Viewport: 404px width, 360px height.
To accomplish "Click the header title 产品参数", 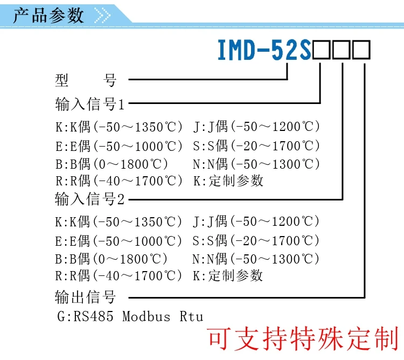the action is coord(48,15).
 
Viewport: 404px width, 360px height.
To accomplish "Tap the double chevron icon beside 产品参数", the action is coord(102,15).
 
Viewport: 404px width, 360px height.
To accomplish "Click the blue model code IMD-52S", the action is coord(264,50).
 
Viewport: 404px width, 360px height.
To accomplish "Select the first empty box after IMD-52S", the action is coord(321,51).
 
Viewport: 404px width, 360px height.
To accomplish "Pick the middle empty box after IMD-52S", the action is coord(342,51).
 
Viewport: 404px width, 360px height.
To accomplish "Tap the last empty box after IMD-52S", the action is coord(363,51).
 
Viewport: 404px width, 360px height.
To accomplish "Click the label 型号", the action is coord(86,81).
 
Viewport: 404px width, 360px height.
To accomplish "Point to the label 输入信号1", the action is coord(89,103).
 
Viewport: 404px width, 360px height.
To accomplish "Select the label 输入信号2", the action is coord(89,199).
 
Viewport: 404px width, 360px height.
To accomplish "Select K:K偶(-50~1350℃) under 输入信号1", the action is coord(119,127).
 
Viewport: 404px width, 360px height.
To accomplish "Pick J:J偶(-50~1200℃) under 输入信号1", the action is coord(256,127).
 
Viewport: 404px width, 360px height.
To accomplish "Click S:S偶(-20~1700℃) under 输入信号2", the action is coord(256,240).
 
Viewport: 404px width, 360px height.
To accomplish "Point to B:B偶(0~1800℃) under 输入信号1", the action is coord(112,163).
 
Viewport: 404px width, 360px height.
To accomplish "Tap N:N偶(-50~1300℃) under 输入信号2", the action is coord(256,258).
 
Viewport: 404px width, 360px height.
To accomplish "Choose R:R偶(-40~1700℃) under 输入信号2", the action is coord(119,276).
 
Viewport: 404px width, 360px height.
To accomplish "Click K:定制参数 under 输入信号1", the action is coord(228,181).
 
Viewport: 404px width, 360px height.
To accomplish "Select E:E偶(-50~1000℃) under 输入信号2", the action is coord(119,240).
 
